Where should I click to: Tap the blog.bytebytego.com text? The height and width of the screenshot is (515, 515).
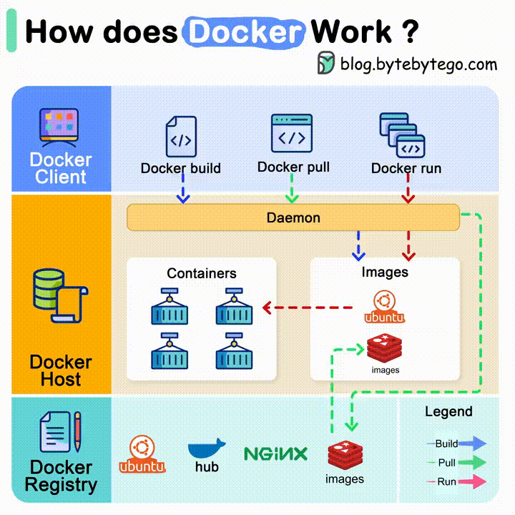click(x=418, y=64)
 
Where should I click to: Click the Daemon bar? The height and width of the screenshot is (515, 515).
click(x=293, y=217)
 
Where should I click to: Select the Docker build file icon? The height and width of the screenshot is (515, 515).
click(x=180, y=137)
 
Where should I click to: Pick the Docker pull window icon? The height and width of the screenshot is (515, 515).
click(x=292, y=133)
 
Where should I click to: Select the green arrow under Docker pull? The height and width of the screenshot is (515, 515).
click(x=291, y=191)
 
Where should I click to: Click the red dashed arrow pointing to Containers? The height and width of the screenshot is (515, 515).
click(x=308, y=308)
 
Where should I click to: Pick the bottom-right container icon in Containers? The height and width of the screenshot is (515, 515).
click(x=233, y=350)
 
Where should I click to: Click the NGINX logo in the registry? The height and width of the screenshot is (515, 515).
click(x=275, y=453)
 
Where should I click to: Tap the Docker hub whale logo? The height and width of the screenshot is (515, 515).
click(x=207, y=449)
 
